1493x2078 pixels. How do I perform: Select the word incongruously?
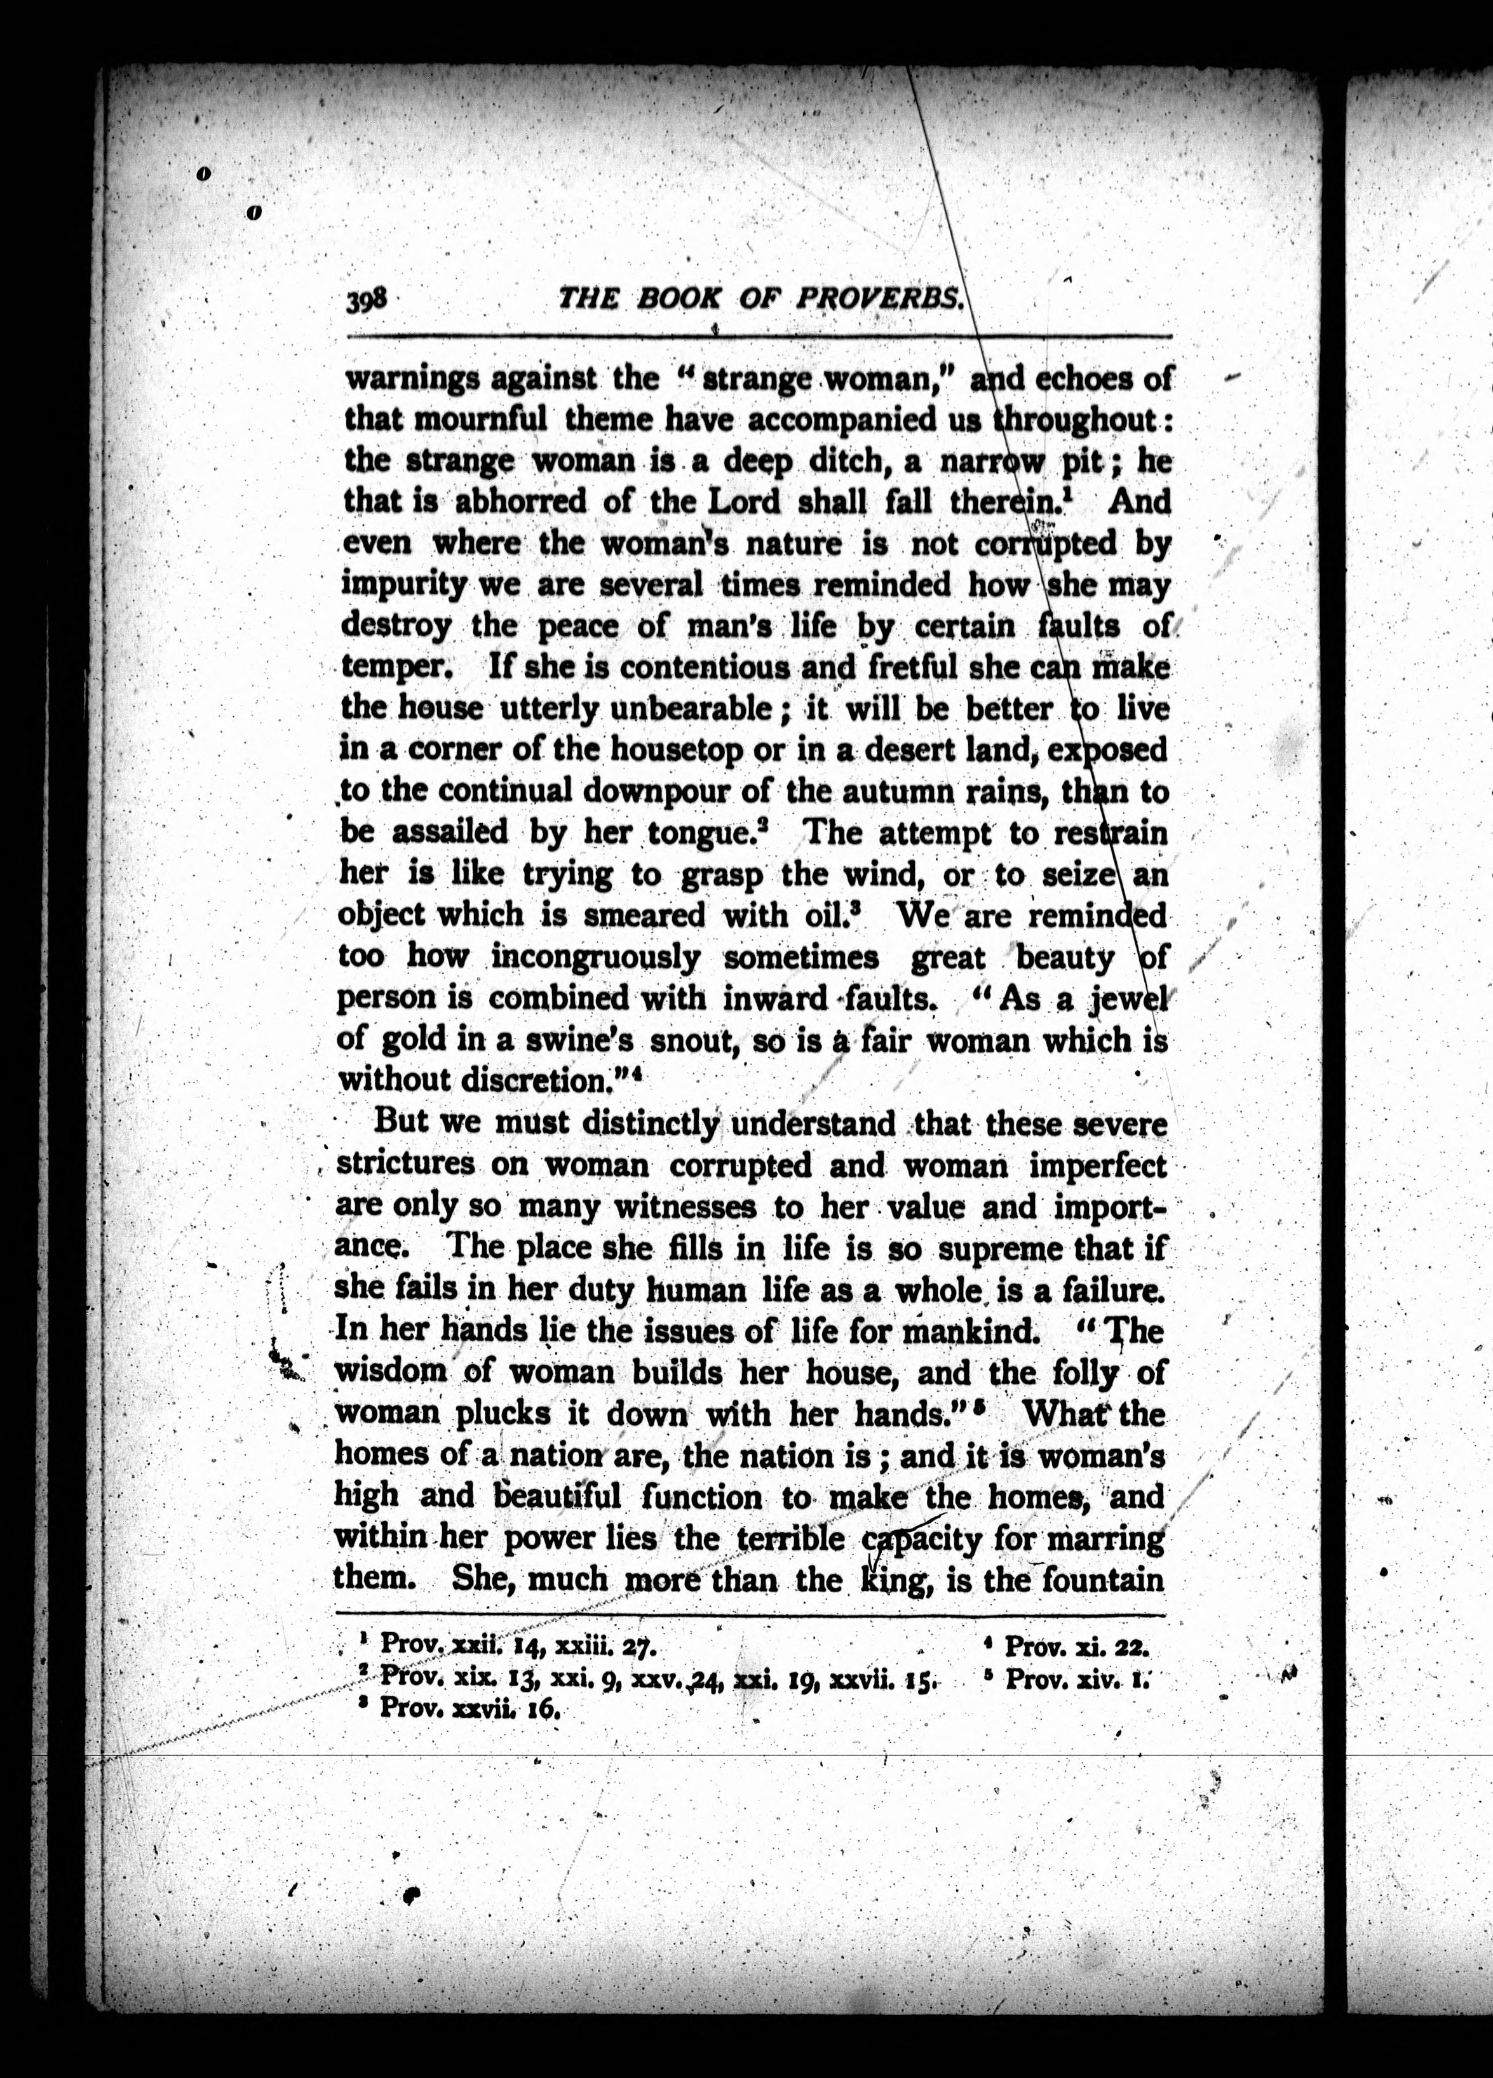click(x=596, y=958)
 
